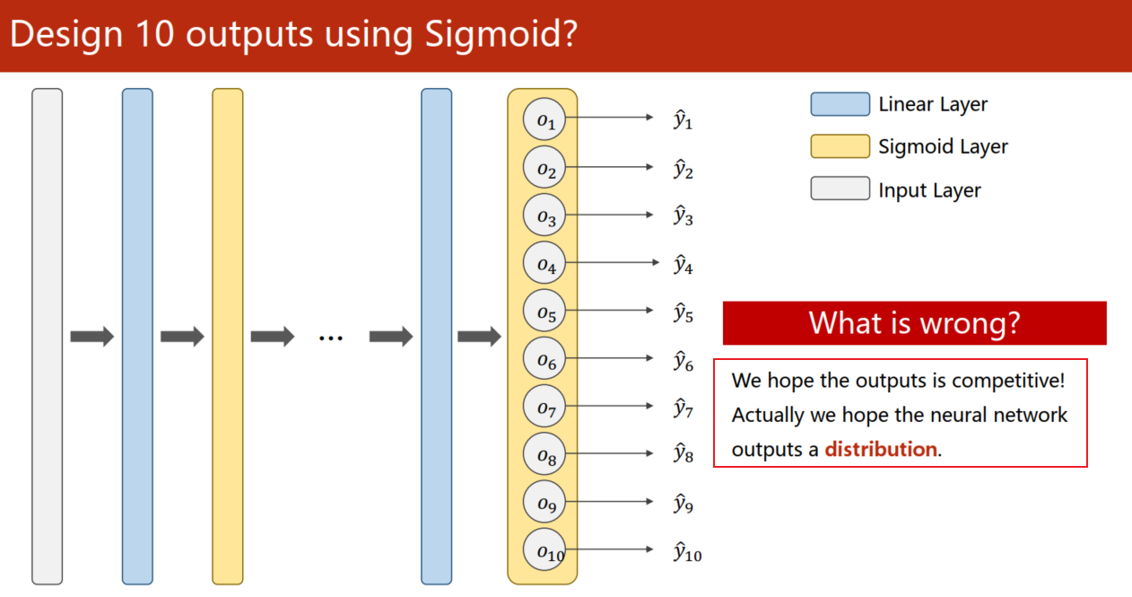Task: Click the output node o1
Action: click(x=544, y=119)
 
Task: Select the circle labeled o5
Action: click(x=544, y=311)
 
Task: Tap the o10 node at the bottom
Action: click(x=544, y=550)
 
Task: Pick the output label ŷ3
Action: click(x=683, y=215)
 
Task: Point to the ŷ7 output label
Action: click(x=683, y=408)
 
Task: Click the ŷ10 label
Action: click(x=687, y=551)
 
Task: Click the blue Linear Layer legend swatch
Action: click(x=840, y=104)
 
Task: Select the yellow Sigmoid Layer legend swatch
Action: click(x=840, y=146)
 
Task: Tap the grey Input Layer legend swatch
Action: click(x=840, y=189)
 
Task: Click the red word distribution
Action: click(x=881, y=449)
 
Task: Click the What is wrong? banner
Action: click(x=915, y=323)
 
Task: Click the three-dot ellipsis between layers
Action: click(x=331, y=338)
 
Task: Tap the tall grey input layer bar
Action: click(x=47, y=337)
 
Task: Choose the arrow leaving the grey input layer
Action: click(x=92, y=337)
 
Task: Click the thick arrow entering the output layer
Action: click(x=480, y=337)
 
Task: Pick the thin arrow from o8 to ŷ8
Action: click(x=609, y=453)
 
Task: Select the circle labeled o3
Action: click(x=544, y=215)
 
